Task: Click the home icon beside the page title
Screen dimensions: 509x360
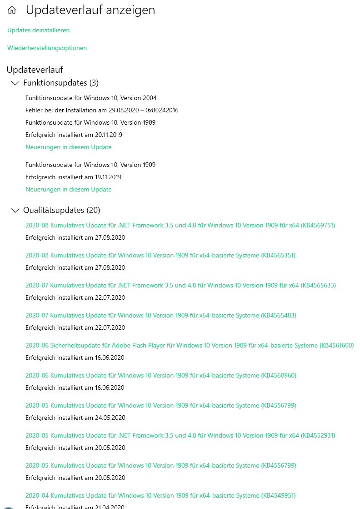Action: click(x=12, y=10)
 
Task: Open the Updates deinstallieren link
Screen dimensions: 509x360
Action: click(x=38, y=30)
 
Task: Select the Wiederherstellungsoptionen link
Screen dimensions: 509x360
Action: click(x=47, y=48)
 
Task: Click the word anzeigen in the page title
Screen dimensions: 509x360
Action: click(x=133, y=10)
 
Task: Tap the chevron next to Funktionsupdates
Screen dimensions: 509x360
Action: click(x=15, y=83)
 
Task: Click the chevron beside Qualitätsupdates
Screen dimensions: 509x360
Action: click(x=15, y=210)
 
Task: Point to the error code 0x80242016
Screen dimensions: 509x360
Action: click(x=162, y=110)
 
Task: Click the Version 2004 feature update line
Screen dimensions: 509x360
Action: click(x=91, y=98)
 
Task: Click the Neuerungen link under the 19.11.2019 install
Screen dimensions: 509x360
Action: click(x=68, y=189)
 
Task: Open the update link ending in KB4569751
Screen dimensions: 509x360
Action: click(x=180, y=225)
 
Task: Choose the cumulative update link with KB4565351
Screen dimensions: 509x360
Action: click(x=160, y=255)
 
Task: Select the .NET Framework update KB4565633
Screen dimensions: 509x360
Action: click(x=180, y=285)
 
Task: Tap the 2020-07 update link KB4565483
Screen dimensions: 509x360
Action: click(x=160, y=315)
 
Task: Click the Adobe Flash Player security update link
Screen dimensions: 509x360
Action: click(x=189, y=345)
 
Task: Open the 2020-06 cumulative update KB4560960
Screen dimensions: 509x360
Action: click(x=160, y=375)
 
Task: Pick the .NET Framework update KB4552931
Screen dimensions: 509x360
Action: click(x=180, y=435)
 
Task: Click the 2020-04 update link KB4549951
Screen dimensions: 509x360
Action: click(x=160, y=495)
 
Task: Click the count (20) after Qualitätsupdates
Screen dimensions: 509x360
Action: click(x=93, y=210)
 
